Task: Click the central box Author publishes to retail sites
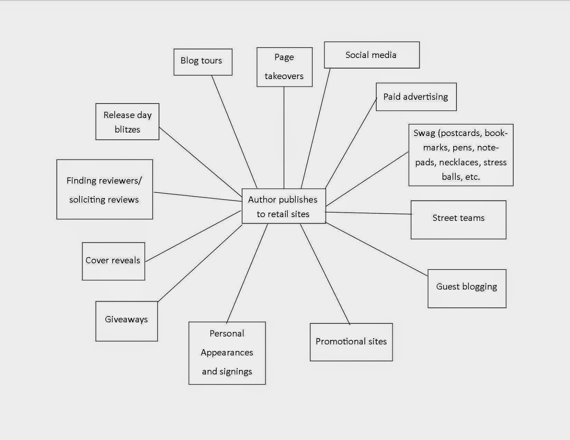(284, 206)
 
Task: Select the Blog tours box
(203, 62)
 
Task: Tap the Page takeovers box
(284, 67)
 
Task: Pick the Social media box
(372, 55)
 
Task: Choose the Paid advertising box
(416, 97)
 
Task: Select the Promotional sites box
(351, 342)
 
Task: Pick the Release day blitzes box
(127, 122)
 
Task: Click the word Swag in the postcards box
(424, 133)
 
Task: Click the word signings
(237, 371)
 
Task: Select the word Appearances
(227, 352)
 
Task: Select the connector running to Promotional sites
(325, 274)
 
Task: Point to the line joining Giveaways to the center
(200, 263)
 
